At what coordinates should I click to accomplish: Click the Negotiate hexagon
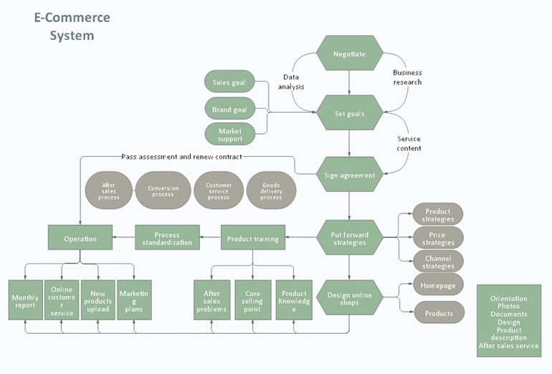(349, 54)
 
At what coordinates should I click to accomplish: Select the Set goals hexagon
(349, 113)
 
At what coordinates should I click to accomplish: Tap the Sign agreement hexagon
(349, 175)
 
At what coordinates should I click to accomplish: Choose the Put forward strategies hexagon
(349, 238)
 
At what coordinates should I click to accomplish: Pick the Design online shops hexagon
(349, 297)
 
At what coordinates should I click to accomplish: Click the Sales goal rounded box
(229, 82)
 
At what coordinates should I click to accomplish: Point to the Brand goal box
(229, 110)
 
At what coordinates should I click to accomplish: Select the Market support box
(229, 134)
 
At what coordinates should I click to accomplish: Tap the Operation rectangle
(80, 238)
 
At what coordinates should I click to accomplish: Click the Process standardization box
(167, 238)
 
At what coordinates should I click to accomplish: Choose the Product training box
(252, 238)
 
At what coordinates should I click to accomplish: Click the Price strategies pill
(438, 238)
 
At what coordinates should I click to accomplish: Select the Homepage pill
(438, 284)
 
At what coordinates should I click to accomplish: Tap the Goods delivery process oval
(270, 190)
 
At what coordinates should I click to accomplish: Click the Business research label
(406, 77)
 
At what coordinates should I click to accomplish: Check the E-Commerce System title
(72, 26)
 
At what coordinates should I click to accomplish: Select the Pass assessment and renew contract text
(181, 156)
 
